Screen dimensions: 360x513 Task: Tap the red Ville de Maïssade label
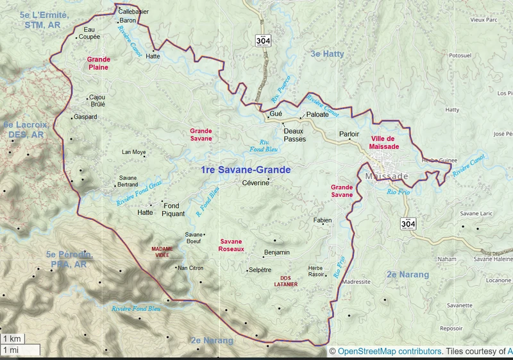(x=384, y=142)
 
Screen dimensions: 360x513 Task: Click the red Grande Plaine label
(x=99, y=62)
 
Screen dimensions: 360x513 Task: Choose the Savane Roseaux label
(x=231, y=244)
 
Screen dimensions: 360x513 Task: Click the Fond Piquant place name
(x=172, y=209)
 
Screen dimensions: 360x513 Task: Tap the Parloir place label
(x=349, y=134)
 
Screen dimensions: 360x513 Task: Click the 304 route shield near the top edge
(x=263, y=40)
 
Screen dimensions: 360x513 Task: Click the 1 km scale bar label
(x=12, y=338)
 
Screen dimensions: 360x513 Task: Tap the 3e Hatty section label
(x=327, y=55)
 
